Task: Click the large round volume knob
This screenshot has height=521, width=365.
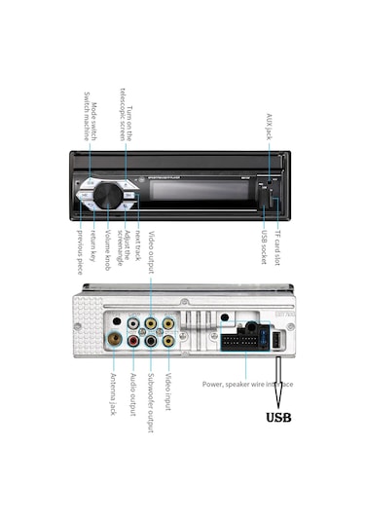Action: tap(108, 196)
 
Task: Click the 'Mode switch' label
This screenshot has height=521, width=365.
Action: tap(85, 114)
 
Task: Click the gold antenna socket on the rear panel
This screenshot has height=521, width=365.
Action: tap(115, 341)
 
